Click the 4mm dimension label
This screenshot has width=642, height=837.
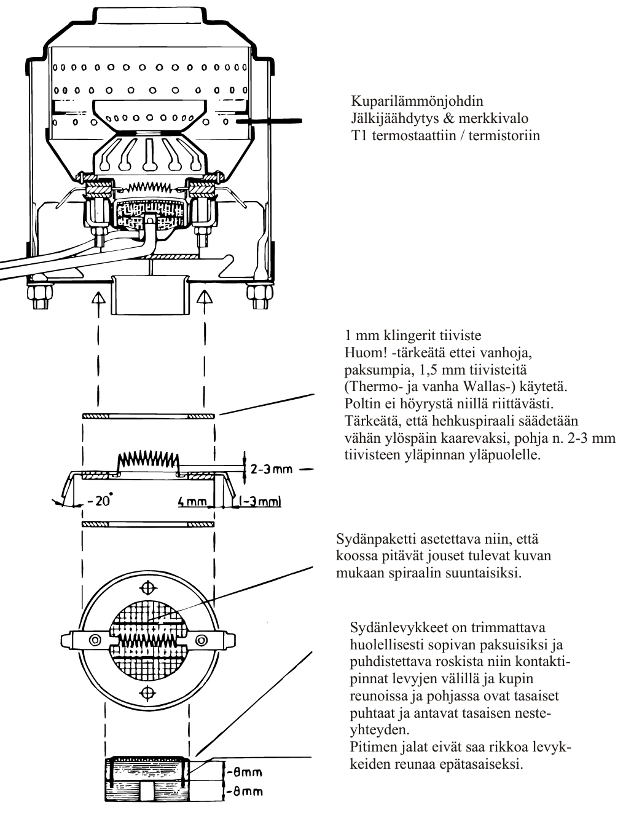[x=192, y=502]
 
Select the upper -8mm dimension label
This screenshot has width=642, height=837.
[x=244, y=772]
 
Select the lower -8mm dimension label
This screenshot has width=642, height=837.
[x=244, y=792]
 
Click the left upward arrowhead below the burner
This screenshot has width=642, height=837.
[x=96, y=298]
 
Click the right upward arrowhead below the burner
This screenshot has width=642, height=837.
[x=205, y=298]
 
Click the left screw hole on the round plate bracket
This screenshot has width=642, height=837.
[x=95, y=640]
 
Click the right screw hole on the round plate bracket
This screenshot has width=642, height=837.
[x=200, y=640]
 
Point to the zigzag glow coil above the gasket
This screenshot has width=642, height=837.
[x=147, y=459]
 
